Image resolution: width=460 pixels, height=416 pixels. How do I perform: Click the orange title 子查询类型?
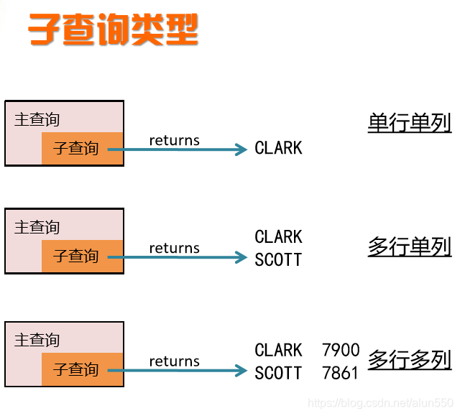point(113,30)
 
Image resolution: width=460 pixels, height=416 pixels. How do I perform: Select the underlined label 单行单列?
point(409,124)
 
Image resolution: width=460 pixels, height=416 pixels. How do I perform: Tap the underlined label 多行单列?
point(409,247)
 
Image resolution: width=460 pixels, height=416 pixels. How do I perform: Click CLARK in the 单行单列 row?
point(279,148)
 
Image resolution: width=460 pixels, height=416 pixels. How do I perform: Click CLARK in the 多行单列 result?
point(279,236)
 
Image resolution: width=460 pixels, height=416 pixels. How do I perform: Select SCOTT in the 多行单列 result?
point(279,259)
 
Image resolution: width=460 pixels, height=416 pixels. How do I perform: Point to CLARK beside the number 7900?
point(279,350)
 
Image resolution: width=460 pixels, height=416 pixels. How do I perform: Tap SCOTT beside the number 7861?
point(279,373)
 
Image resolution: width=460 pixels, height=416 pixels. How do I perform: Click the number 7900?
point(341,350)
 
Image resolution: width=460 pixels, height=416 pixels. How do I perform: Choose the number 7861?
point(341,373)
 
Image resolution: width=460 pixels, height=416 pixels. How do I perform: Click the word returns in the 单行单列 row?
point(174,140)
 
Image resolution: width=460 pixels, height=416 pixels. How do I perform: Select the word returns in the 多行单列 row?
point(174,248)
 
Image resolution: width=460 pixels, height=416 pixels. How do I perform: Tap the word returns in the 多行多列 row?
point(174,361)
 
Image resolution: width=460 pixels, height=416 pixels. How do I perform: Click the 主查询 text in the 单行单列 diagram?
point(37,119)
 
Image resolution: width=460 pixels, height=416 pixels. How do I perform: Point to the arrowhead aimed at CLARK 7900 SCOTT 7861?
point(242,371)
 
